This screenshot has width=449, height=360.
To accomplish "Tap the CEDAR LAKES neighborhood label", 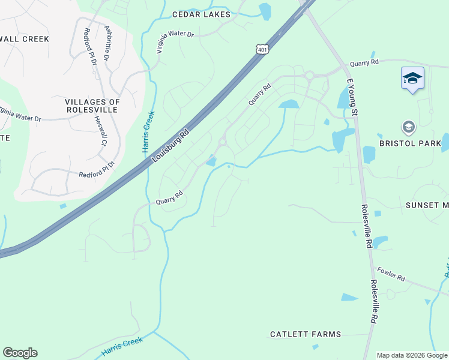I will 200,14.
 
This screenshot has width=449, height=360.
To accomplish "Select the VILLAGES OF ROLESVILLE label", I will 92,106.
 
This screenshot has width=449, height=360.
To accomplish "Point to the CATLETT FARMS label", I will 306,334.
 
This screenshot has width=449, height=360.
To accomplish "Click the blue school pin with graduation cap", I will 412,79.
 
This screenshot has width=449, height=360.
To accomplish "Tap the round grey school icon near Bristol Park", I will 409,127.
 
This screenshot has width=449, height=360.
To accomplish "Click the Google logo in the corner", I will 20,353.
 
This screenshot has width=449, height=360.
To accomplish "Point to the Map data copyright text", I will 411,356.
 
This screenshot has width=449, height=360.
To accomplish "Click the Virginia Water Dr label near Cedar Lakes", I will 175,42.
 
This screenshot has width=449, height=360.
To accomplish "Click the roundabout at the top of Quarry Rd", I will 310,76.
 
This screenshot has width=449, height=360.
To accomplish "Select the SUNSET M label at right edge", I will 427,205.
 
